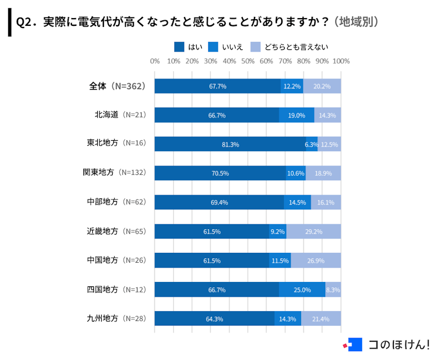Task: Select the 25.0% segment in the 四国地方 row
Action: (302, 290)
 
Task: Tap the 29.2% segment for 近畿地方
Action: (313, 231)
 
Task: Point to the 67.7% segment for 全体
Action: (218, 86)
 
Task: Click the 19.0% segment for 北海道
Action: (296, 115)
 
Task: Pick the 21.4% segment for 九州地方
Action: (320, 319)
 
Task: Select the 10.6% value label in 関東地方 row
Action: (296, 173)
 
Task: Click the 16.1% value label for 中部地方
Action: (326, 202)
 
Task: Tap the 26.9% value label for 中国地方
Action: (315, 261)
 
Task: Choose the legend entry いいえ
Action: (226, 47)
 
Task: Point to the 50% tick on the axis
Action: (248, 61)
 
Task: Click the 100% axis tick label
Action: (341, 61)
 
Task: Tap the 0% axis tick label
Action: (155, 61)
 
